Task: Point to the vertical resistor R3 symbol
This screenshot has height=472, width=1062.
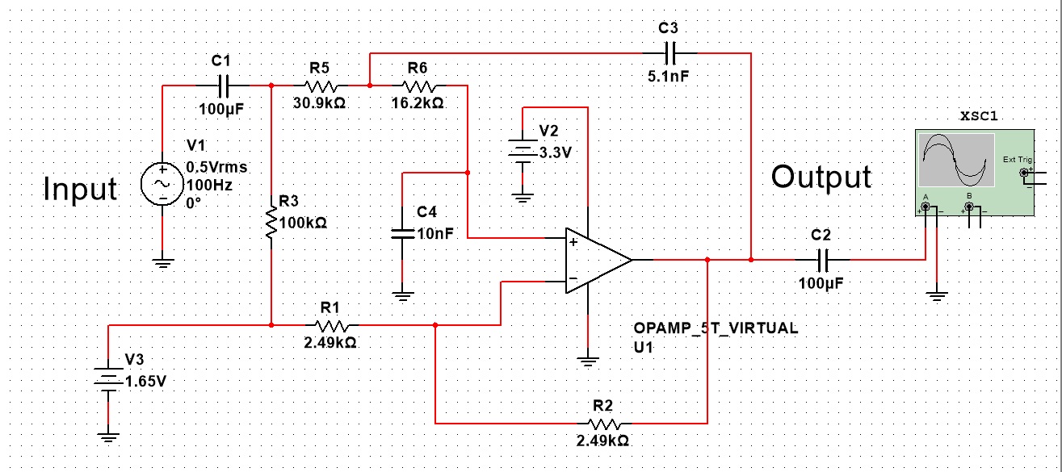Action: (x=271, y=220)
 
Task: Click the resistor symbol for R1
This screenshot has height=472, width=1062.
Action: (x=331, y=325)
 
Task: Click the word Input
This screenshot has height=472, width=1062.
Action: (x=80, y=189)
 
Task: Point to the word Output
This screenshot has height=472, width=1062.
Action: (x=821, y=177)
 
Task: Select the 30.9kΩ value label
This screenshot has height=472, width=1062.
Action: (x=320, y=104)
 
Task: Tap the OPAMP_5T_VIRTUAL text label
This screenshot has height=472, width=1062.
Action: (x=716, y=328)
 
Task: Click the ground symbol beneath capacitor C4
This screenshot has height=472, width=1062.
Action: (x=401, y=295)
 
